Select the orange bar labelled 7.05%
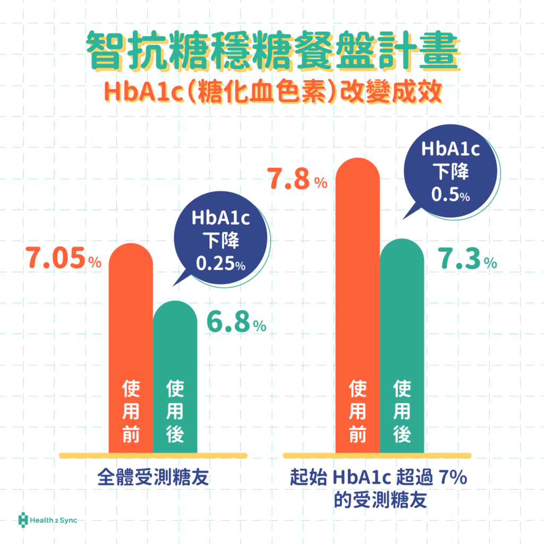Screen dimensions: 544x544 [x=131, y=319]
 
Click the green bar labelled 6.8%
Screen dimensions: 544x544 [x=175, y=351]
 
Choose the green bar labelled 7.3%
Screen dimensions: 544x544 [x=402, y=319]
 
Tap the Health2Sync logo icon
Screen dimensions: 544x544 [x=23, y=520]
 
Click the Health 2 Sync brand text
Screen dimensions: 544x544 [x=54, y=520]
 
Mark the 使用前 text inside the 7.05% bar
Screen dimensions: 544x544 [x=131, y=412]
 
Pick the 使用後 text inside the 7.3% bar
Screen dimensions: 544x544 [x=402, y=412]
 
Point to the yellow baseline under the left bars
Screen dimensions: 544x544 [x=153, y=455]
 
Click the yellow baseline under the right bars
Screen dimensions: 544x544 [x=377, y=455]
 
